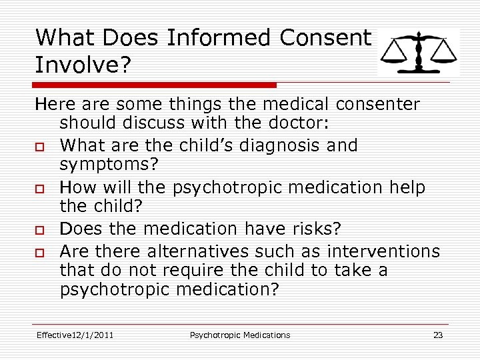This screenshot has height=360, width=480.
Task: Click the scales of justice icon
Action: (418, 52)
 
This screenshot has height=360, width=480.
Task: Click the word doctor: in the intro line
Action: (304, 124)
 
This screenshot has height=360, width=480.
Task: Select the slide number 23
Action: (438, 335)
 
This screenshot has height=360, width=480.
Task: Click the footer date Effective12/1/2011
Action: (75, 335)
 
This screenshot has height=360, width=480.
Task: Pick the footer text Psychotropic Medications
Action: (240, 335)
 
